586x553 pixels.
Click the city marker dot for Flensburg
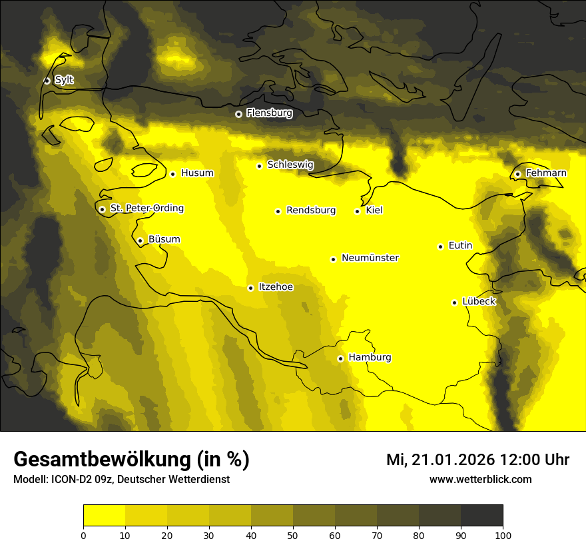[238, 114]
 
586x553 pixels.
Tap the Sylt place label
[64, 80]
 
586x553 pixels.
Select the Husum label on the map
[197, 173]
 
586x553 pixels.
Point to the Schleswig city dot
[259, 166]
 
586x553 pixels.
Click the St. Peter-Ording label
[146, 209]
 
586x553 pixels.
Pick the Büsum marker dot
[140, 241]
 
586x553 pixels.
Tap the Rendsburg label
[310, 211]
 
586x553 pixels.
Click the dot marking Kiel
[357, 211]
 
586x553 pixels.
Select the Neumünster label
[370, 258]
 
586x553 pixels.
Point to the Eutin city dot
[440, 247]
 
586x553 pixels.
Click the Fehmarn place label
[546, 173]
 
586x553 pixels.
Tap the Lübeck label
[479, 302]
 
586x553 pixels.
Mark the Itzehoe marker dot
[250, 288]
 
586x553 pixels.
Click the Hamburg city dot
[340, 358]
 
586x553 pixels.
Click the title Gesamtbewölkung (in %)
[131, 460]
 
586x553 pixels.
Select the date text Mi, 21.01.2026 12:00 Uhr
[477, 460]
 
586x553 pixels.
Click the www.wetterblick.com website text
[480, 479]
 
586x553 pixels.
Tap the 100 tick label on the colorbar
[503, 534]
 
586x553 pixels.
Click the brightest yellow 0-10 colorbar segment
[104, 516]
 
